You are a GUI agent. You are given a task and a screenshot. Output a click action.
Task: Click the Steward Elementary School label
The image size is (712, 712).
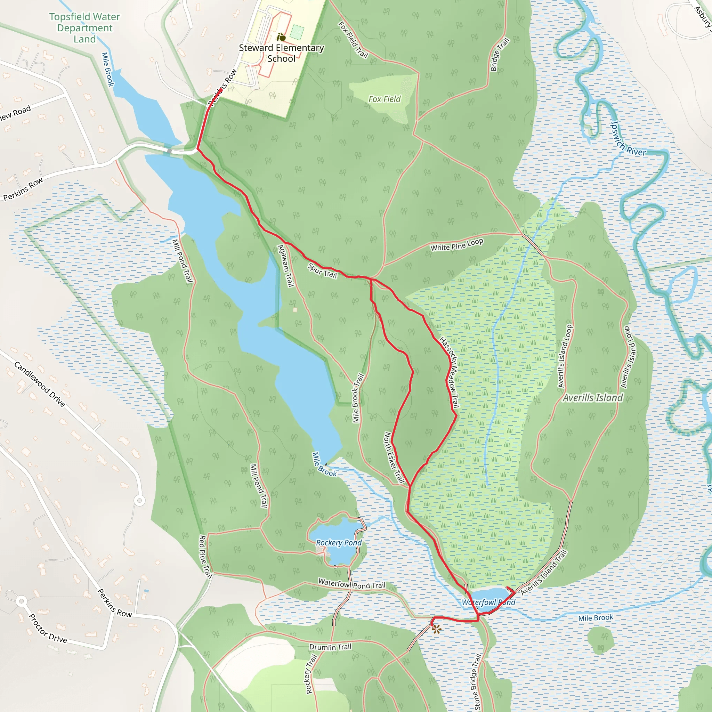tap(281, 53)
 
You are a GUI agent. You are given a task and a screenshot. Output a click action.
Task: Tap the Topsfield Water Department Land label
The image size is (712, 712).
tap(84, 28)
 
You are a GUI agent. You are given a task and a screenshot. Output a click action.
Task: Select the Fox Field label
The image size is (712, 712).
tap(385, 99)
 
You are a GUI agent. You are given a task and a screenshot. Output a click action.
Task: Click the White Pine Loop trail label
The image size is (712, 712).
tap(456, 245)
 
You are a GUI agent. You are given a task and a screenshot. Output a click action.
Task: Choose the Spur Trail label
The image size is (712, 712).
tap(323, 270)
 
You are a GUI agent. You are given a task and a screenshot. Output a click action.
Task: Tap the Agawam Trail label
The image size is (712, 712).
tap(286, 266)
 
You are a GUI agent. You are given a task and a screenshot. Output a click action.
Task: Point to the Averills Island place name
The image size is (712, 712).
tap(593, 398)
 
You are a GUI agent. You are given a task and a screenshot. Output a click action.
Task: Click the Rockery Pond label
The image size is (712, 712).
tap(339, 542)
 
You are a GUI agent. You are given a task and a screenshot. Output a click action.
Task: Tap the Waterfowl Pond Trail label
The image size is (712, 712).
tap(351, 584)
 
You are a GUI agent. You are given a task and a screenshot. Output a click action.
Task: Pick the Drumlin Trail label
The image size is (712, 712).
tap(330, 647)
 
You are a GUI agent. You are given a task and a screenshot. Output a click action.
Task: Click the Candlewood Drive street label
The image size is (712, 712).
tap(40, 384)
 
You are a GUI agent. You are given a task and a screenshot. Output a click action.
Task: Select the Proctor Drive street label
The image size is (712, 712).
tap(48, 628)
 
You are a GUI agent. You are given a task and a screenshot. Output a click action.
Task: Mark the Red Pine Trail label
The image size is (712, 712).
tap(205, 557)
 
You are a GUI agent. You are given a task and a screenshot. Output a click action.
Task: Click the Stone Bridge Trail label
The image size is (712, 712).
tap(476, 682)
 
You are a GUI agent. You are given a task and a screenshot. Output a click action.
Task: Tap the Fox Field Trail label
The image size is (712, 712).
tap(353, 40)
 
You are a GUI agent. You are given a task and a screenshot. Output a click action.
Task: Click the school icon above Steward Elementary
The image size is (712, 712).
tap(281, 37)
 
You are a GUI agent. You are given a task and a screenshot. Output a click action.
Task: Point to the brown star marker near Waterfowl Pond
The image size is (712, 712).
tap(436, 629)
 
